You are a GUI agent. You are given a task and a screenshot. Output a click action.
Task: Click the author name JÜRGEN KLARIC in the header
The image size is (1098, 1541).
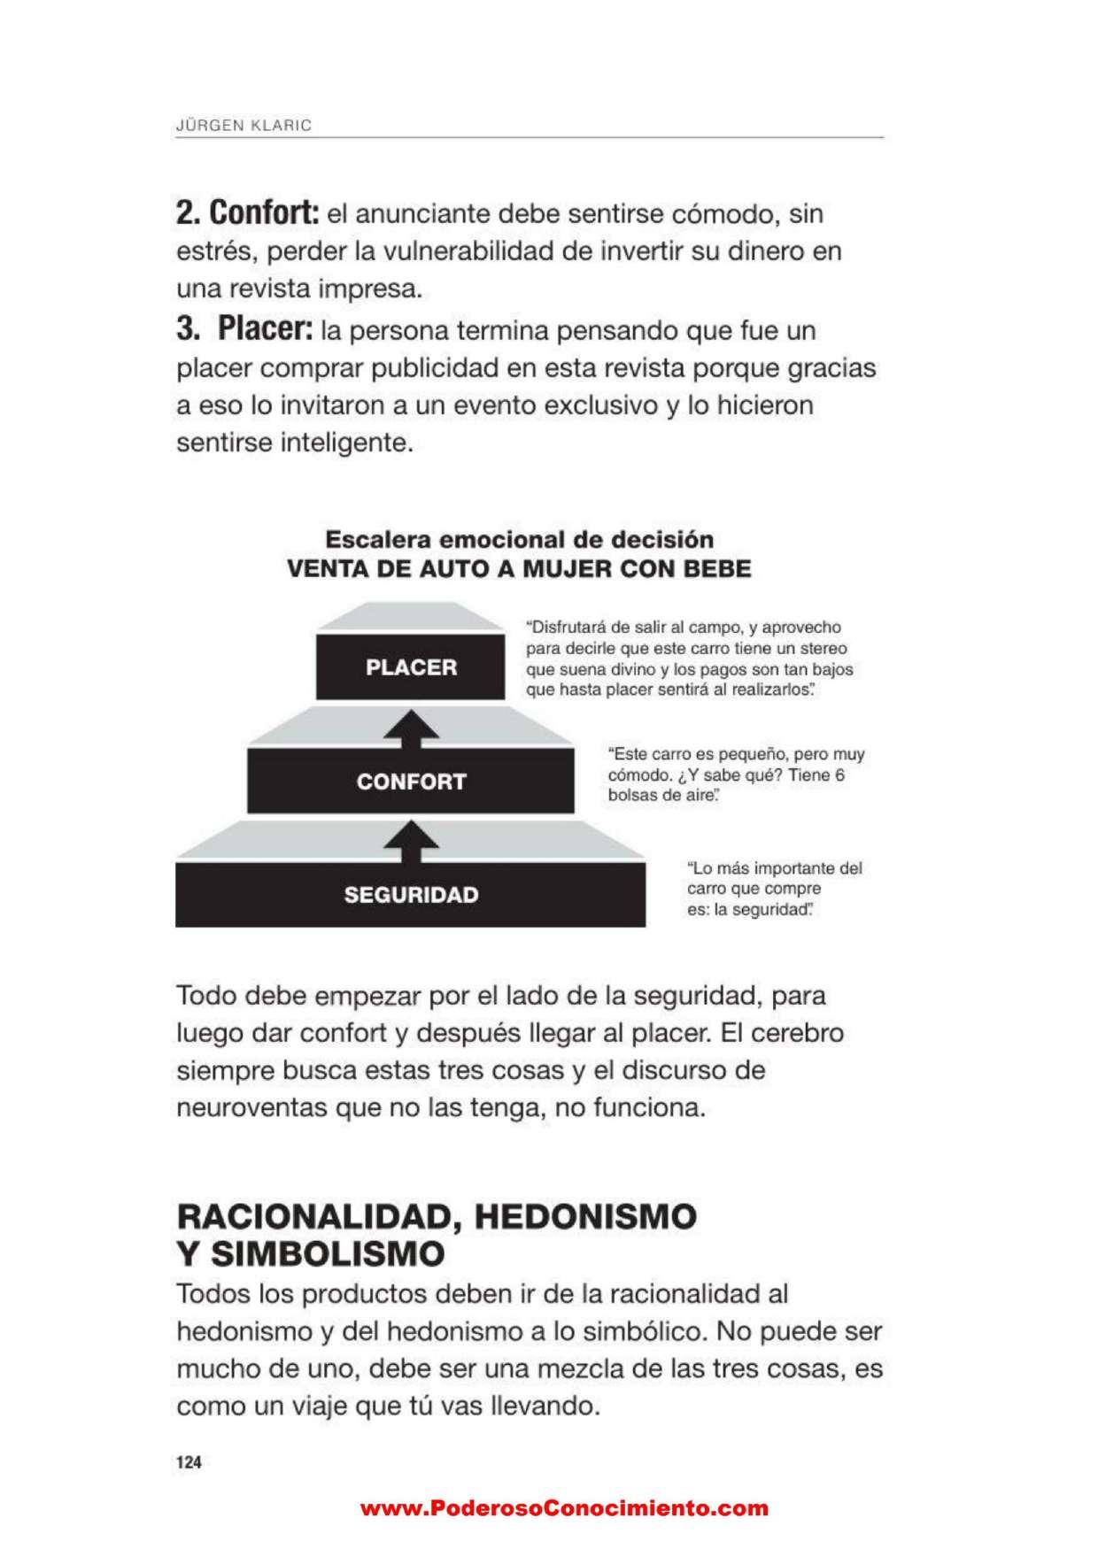click(244, 126)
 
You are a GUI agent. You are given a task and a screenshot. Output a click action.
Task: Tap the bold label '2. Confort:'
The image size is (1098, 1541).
click(247, 213)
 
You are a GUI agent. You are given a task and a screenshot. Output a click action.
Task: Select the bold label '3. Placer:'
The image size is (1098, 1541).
click(244, 330)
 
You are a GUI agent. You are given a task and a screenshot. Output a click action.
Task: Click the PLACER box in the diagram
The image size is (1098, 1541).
click(411, 667)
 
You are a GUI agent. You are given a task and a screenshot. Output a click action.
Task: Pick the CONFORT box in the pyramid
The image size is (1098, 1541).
click(411, 782)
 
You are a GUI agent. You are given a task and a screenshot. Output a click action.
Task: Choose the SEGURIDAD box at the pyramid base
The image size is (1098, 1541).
click(411, 895)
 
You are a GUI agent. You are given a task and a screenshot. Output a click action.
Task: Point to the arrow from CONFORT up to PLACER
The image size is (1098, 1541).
click(410, 728)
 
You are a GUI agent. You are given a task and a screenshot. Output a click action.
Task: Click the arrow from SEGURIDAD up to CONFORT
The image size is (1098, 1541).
click(410, 841)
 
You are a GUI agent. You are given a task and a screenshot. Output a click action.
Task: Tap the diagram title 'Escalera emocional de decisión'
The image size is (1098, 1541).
click(519, 539)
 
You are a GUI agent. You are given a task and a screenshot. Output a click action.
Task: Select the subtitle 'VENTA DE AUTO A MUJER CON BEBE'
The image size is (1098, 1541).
click(519, 568)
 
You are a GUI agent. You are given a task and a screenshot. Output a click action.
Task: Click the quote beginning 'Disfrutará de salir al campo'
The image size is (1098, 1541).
click(689, 658)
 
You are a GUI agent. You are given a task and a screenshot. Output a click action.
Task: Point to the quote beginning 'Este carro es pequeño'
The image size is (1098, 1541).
click(735, 774)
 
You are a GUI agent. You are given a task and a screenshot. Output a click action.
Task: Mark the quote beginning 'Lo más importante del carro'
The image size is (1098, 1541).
click(774, 889)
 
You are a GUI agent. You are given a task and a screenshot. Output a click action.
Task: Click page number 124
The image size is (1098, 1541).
click(189, 1462)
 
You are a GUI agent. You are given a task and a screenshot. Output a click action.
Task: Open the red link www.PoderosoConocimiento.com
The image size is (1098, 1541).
click(564, 1508)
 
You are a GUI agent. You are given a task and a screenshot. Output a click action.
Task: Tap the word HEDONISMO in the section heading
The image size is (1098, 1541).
click(585, 1216)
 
